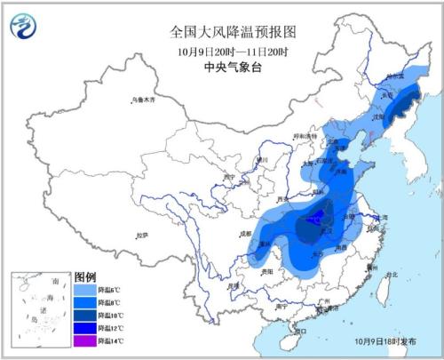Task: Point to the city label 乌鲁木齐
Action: [143, 100]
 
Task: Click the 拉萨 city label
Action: [141, 235]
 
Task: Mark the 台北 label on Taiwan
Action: [392, 275]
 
